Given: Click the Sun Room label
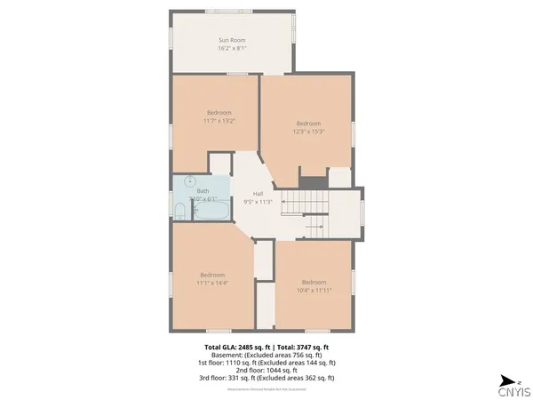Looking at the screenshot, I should (232, 40).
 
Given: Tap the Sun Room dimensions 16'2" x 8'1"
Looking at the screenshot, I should (232, 48).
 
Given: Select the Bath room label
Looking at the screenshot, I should (203, 191).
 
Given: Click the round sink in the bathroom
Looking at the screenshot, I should (188, 180).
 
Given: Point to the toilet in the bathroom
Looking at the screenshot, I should (179, 212).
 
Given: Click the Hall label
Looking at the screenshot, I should (258, 194).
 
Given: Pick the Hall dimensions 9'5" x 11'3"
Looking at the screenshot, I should (258, 202).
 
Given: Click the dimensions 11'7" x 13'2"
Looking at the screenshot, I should (219, 121).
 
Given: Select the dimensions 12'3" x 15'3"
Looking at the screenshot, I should (307, 131).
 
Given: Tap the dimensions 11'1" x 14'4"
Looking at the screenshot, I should (212, 282).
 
